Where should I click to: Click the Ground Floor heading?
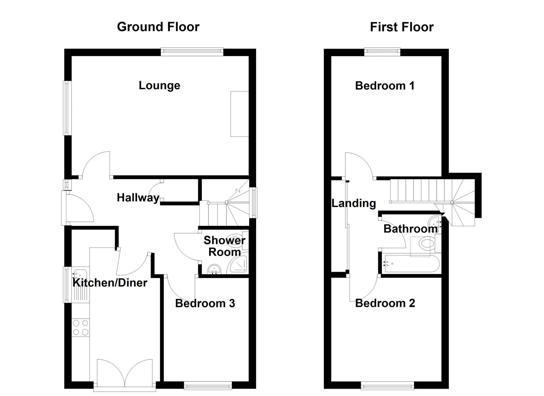click(x=158, y=27)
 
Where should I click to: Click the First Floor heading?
click(x=401, y=27)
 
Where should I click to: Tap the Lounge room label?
click(x=159, y=85)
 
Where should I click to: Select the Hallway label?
click(x=138, y=198)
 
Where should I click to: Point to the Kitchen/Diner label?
click(x=110, y=283)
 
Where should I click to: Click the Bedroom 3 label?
click(x=205, y=303)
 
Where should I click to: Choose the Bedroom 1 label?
click(x=385, y=85)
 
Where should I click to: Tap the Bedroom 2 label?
click(x=385, y=303)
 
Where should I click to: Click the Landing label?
click(x=354, y=203)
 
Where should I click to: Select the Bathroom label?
click(x=410, y=229)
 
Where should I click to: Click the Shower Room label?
click(x=224, y=246)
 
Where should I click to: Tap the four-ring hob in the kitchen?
click(x=81, y=327)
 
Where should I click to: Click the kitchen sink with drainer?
click(x=81, y=284)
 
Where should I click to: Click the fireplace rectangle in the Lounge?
click(x=240, y=114)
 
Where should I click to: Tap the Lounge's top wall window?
click(x=192, y=52)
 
